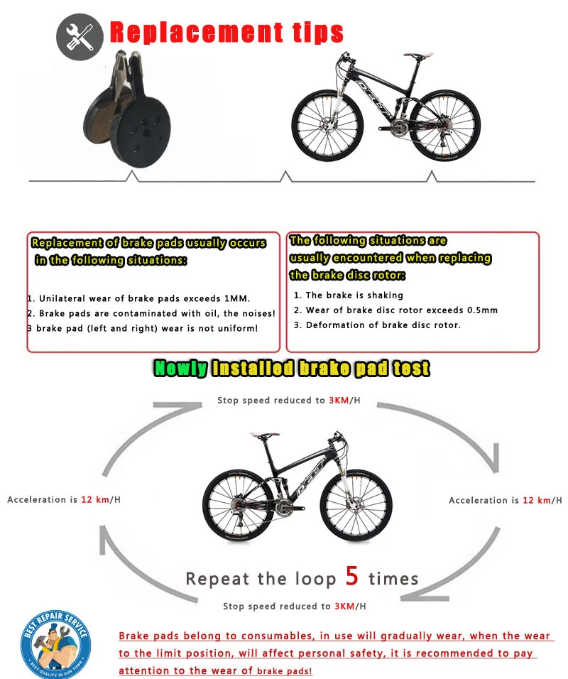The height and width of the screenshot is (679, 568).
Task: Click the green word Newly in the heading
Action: [181, 369]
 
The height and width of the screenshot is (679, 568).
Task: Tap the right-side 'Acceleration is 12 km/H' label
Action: [504, 501]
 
